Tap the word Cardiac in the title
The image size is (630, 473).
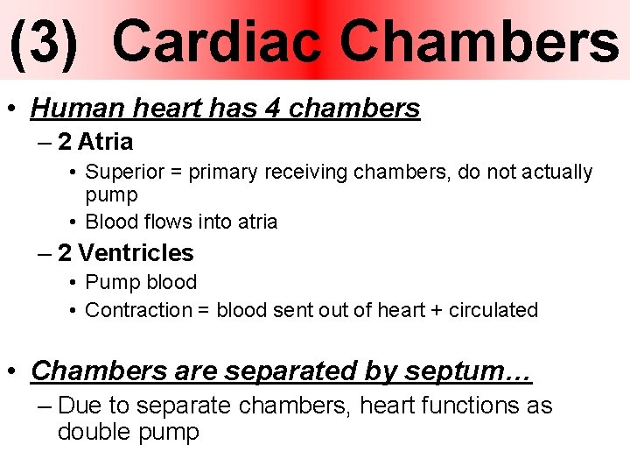coord(217,42)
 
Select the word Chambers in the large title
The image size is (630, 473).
coord(479,42)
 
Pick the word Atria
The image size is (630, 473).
coord(105,142)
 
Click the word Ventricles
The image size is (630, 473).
coord(136,253)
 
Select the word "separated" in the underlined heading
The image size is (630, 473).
coord(290,371)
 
